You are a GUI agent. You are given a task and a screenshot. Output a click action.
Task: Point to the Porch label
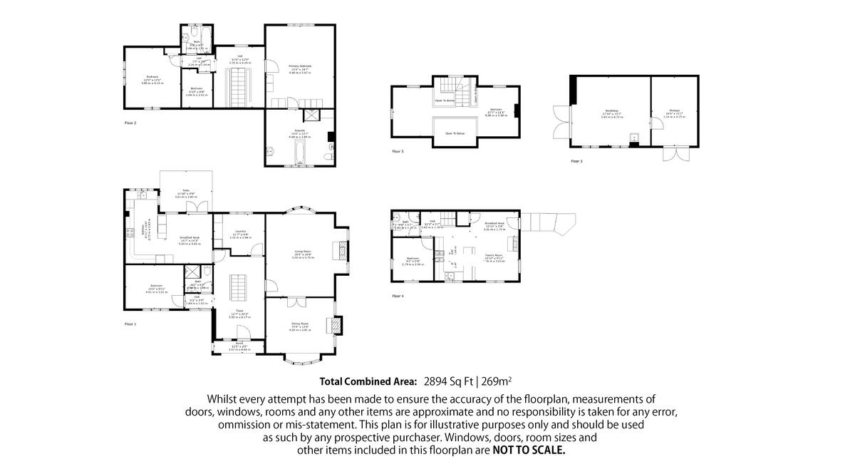click(x=239, y=347)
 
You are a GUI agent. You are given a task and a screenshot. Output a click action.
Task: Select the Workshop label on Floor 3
click(x=611, y=110)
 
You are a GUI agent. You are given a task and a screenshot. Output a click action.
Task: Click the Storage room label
click(x=674, y=110)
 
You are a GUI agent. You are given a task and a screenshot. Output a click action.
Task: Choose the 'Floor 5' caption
click(x=398, y=151)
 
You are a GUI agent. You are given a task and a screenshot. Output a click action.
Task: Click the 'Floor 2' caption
click(x=130, y=123)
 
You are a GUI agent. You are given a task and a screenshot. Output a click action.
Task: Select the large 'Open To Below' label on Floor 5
click(x=455, y=133)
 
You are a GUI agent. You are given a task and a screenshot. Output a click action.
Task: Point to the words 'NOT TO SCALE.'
click(x=529, y=450)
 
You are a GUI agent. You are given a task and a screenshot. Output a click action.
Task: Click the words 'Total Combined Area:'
click(x=368, y=381)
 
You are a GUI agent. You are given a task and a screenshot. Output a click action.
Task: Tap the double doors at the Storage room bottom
click(x=674, y=154)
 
